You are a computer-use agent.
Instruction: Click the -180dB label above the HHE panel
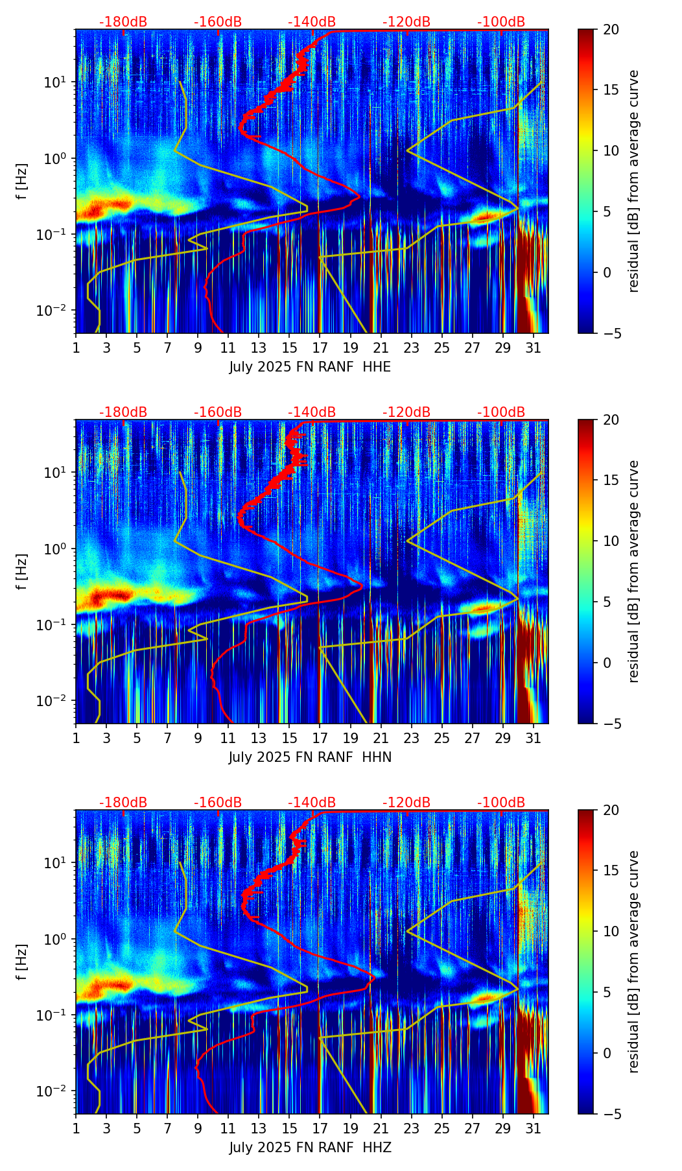pos(123,22)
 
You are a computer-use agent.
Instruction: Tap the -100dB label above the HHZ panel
pos(501,803)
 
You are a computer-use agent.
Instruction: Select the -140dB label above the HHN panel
pos(312,412)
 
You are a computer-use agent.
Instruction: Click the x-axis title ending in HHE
pos(310,367)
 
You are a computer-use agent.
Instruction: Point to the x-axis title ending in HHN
pos(310,757)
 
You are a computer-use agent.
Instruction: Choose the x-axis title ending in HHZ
pos(310,1148)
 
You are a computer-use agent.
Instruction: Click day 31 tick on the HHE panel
pos(534,348)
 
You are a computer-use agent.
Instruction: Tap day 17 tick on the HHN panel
pos(320,738)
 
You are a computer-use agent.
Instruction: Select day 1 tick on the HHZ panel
pos(76,1128)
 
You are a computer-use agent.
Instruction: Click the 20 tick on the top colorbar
pos(611,29)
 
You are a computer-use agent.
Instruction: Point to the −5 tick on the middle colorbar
pos(611,724)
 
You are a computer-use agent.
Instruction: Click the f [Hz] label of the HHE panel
pos(22,182)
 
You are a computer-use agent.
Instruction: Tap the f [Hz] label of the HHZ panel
pos(22,962)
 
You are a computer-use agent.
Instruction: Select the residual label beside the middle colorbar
pos(634,571)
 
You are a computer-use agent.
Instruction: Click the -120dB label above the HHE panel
pos(406,22)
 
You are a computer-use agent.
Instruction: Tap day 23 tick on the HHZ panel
pos(411,1128)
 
